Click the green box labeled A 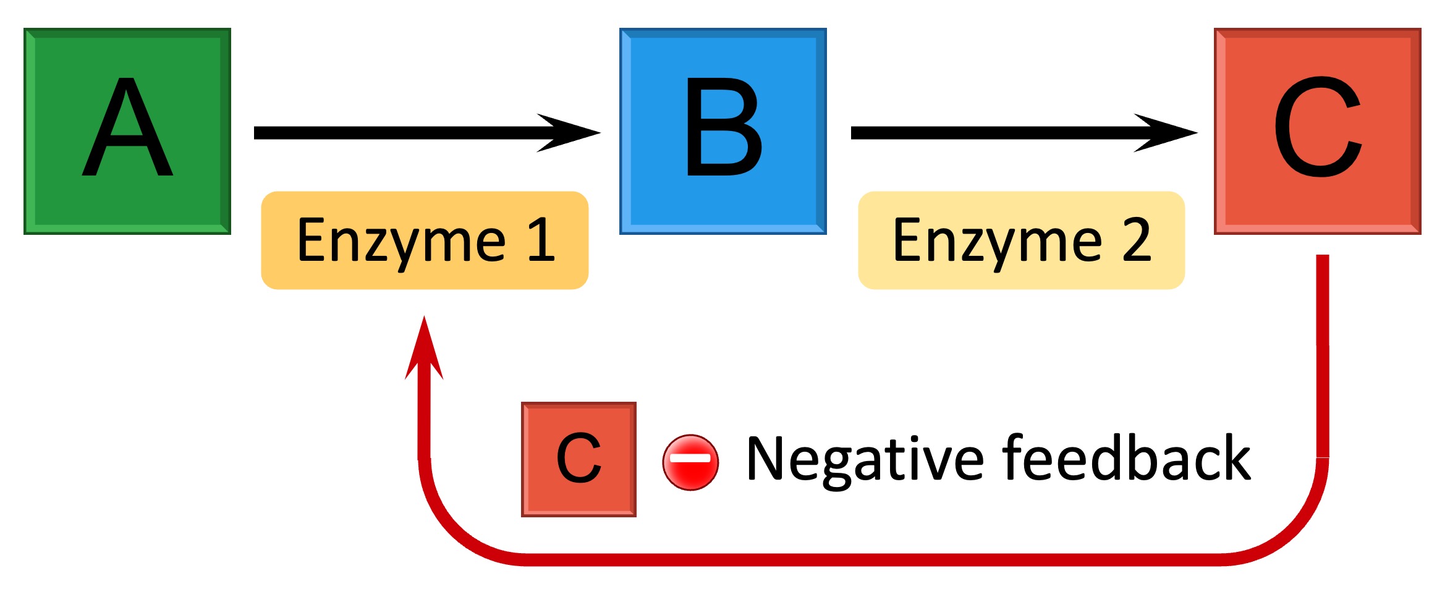tap(127, 131)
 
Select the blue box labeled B tap(723, 131)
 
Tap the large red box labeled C tap(1317, 131)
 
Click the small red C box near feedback tap(579, 459)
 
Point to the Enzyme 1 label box tap(425, 240)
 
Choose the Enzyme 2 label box tap(1021, 240)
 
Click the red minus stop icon tap(690, 462)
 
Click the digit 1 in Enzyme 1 tap(541, 240)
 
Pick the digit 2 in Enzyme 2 tap(1136, 240)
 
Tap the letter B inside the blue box tap(723, 127)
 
